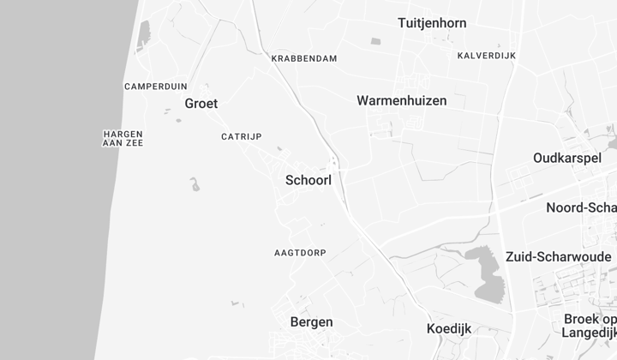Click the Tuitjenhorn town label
click(x=432, y=23)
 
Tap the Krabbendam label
click(x=303, y=58)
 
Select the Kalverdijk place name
click(x=486, y=56)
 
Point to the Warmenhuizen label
click(x=401, y=100)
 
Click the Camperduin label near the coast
click(x=155, y=87)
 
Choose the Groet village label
click(x=201, y=104)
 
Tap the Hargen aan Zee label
click(x=123, y=138)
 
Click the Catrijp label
click(x=241, y=136)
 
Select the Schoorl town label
click(x=308, y=181)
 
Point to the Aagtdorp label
click(x=300, y=253)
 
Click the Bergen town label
click(x=312, y=322)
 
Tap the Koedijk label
click(x=449, y=328)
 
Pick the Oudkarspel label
click(x=566, y=158)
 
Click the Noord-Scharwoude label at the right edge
click(x=582, y=207)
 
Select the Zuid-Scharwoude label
click(x=559, y=256)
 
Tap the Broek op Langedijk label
click(x=590, y=325)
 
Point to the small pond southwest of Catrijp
click(x=195, y=183)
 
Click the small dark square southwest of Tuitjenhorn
click(x=375, y=41)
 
